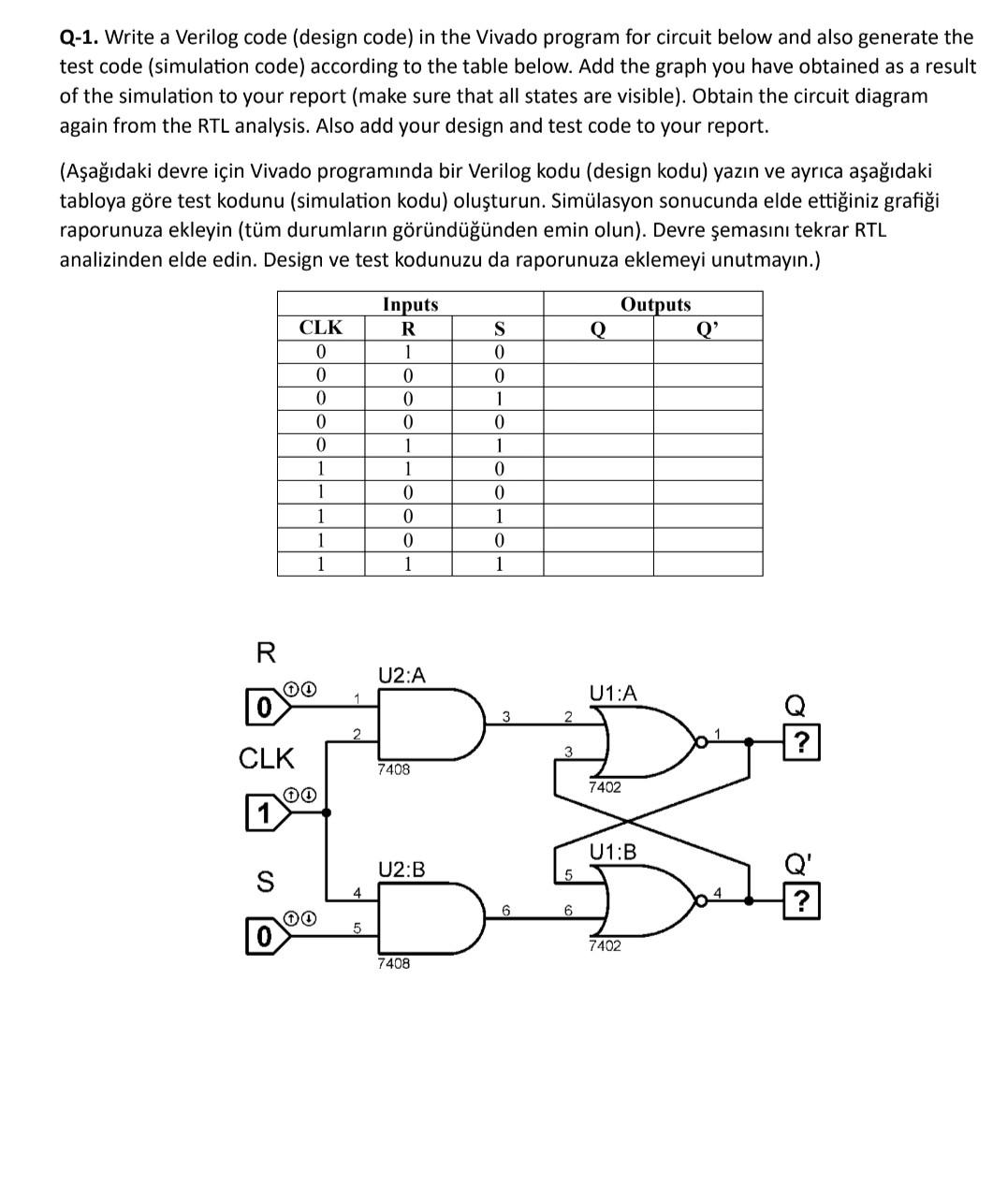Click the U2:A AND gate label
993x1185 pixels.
(402, 675)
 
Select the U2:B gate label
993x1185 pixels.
(402, 870)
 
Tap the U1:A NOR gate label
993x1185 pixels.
(613, 693)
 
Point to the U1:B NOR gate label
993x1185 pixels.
(613, 852)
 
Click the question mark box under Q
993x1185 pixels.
(801, 744)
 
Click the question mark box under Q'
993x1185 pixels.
(801, 901)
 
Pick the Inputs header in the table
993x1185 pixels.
(410, 304)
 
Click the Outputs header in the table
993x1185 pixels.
(655, 304)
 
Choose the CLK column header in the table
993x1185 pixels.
(320, 328)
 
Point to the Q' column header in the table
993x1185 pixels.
(708, 328)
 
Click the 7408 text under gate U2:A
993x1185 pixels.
(393, 769)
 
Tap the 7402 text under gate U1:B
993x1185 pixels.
(604, 946)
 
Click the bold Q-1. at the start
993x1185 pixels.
(80, 37)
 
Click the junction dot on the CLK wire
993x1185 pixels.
(326, 812)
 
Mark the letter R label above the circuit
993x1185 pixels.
(266, 653)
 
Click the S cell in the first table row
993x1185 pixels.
(498, 352)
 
